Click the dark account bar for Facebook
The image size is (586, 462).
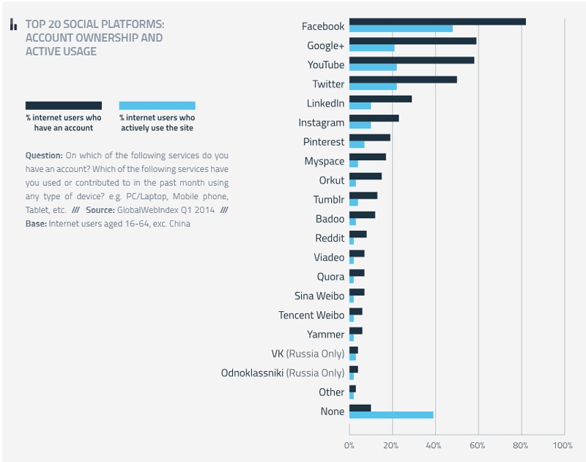tap(437, 21)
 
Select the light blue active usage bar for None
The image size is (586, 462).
tap(391, 415)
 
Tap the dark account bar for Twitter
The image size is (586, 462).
tap(403, 79)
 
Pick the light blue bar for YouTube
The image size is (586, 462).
tap(373, 67)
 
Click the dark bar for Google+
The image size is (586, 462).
tap(412, 41)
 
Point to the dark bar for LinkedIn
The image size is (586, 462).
tap(380, 99)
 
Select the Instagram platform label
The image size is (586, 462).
tap(321, 123)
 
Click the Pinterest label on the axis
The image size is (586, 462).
tap(323, 142)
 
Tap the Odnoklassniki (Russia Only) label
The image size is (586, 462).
tap(282, 373)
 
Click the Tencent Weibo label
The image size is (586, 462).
tap(311, 315)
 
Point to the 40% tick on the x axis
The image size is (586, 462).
tap(435, 444)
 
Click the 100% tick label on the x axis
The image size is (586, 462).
tap(563, 444)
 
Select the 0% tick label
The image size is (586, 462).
tap(349, 444)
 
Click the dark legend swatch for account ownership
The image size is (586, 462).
tap(64, 105)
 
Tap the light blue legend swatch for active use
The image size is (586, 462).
tap(157, 105)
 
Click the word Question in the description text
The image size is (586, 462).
tap(43, 155)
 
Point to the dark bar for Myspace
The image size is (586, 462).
tap(367, 157)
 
